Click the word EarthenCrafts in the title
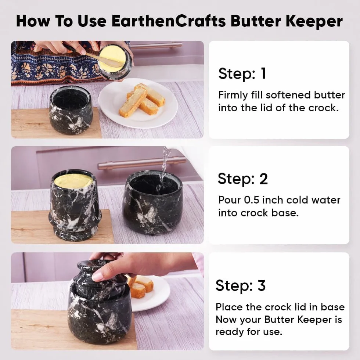[169, 21]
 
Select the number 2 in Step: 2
[264, 179]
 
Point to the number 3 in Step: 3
[262, 285]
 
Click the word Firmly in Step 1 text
[233, 95]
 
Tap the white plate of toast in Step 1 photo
[138, 103]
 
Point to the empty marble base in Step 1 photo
[71, 110]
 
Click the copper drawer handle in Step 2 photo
[142, 163]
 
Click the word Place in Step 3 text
[228, 307]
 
